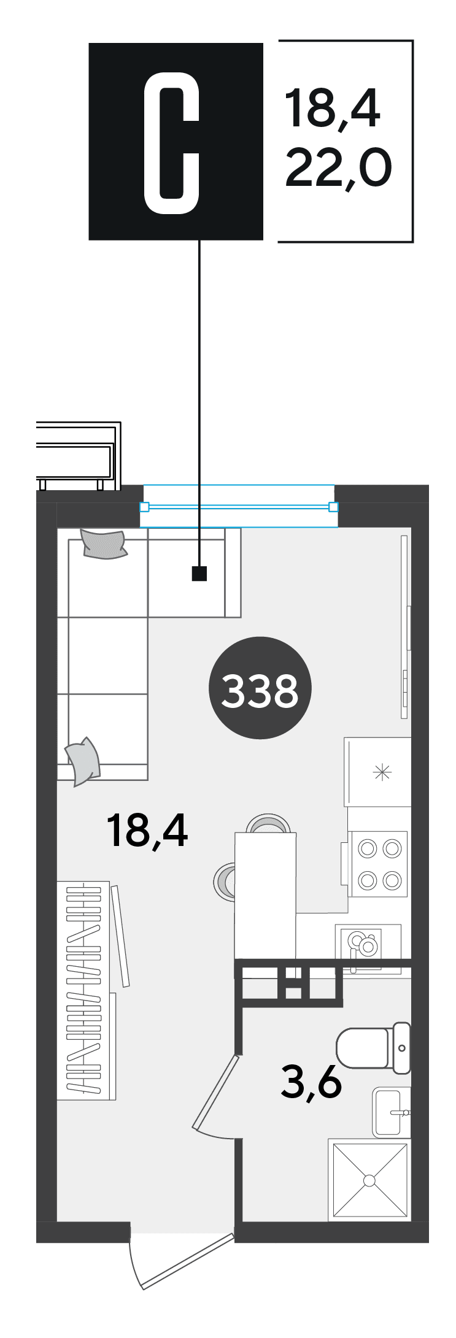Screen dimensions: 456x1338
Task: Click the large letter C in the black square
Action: pos(171,142)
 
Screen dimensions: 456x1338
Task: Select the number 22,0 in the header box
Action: pos(338,168)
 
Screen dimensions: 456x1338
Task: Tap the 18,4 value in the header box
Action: pos(332,108)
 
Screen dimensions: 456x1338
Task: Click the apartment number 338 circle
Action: pos(260,688)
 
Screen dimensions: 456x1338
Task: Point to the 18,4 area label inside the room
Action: pos(147,831)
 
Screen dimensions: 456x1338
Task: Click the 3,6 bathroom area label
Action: pos(311,1082)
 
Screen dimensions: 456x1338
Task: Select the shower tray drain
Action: pos(369,1180)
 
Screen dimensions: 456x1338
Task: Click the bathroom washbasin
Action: pos(391,1112)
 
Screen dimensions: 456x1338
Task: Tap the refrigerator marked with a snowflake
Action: pos(377,772)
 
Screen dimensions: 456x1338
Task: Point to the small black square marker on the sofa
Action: pos(199,574)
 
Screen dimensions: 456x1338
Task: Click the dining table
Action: pos(265,895)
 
